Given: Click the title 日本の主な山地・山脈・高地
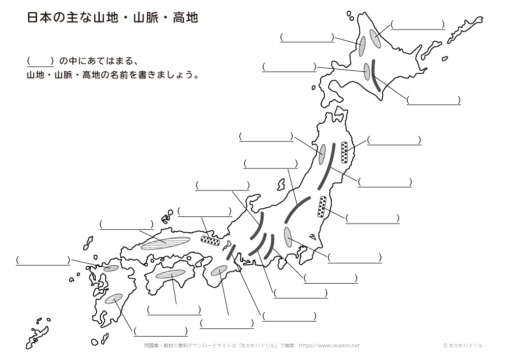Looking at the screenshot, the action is point(112,18).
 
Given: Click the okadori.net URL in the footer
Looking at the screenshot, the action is point(329,346).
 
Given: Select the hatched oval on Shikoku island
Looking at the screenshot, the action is point(170,274).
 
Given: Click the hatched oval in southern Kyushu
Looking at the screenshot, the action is point(114,299).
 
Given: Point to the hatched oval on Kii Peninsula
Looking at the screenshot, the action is point(219,270).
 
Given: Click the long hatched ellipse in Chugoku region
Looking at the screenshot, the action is point(165,243).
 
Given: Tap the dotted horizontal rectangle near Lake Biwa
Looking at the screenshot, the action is point(210,240).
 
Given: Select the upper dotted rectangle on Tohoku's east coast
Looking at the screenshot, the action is point(345,152).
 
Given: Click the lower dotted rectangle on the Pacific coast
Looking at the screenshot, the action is point(322,206).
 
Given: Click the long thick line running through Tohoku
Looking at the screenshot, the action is point(327,166).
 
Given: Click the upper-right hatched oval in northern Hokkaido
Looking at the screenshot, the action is point(375,39).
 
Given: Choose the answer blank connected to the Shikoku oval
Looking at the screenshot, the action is point(174,310).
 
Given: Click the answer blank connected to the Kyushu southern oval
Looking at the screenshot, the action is point(161,331).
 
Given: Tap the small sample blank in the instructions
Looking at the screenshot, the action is point(40,61).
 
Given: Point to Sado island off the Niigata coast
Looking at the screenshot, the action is point(281,184).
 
